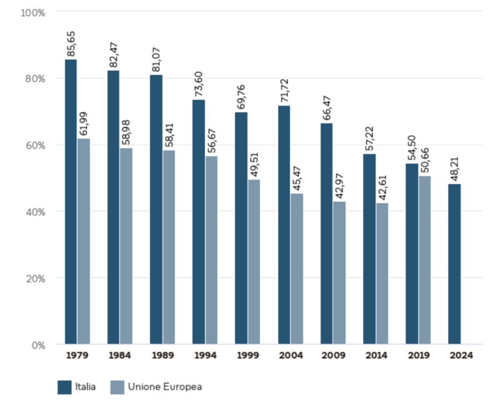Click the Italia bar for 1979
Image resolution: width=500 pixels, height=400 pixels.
coord(71,201)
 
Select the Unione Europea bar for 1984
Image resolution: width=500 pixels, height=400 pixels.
coord(126,246)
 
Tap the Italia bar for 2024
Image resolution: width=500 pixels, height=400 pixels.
coord(454,264)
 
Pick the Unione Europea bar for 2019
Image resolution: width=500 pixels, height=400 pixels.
coord(425,260)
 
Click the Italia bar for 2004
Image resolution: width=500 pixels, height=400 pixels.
coord(284,225)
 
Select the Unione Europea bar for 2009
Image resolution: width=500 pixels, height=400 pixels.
coord(339,272)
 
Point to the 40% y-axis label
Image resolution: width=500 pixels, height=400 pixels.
coord(36,211)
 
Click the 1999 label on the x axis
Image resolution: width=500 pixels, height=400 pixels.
coord(247,356)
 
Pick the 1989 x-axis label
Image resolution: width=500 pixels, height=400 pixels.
coord(162,356)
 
